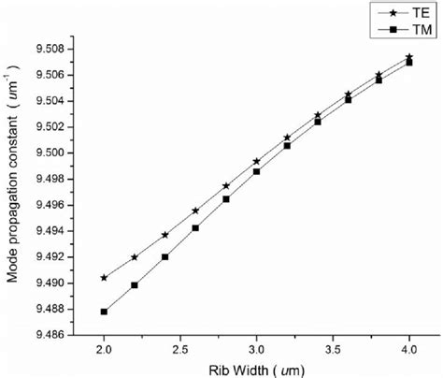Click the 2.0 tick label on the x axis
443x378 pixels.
pyautogui.click(x=104, y=349)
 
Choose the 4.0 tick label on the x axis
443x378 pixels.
pyautogui.click(x=408, y=349)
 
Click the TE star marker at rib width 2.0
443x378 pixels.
pyautogui.click(x=104, y=278)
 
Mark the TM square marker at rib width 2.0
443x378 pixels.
pyautogui.click(x=104, y=312)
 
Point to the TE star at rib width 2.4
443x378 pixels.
pyautogui.click(x=164, y=235)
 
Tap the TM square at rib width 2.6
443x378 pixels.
pyautogui.click(x=195, y=227)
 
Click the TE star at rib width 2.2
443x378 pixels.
pyautogui.click(x=135, y=257)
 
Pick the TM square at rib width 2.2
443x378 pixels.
pyautogui.click(x=135, y=285)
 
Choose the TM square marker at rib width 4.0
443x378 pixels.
pyautogui.click(x=409, y=63)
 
